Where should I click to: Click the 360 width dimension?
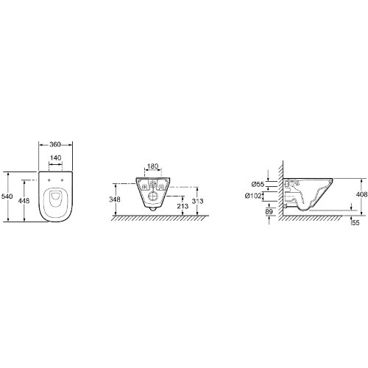pyautogui.click(x=55, y=144)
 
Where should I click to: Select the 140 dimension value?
pyautogui.click(x=55, y=158)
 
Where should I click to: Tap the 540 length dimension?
pyautogui.click(x=7, y=197)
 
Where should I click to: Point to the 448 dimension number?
pyautogui.click(x=24, y=200)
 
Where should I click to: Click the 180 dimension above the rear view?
pyautogui.click(x=153, y=166)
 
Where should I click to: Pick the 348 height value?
pyautogui.click(x=115, y=199)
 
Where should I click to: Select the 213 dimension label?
pyautogui.click(x=183, y=206)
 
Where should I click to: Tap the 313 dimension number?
pyautogui.click(x=198, y=201)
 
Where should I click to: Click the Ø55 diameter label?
pyautogui.click(x=258, y=184)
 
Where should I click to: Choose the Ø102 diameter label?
pyautogui.click(x=253, y=196)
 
